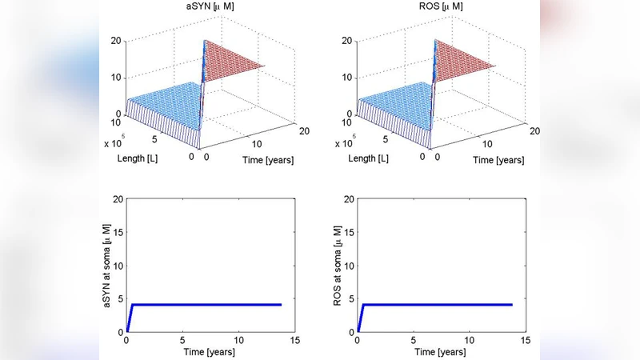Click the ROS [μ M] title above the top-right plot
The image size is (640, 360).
436,7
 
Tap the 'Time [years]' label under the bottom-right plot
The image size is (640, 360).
442,352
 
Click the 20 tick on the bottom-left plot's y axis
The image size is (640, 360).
116,198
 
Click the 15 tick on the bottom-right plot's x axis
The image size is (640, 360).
526,339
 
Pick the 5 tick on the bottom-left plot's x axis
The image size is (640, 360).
183,339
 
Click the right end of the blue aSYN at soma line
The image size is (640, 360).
281,305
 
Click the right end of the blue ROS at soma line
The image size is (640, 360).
511,305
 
